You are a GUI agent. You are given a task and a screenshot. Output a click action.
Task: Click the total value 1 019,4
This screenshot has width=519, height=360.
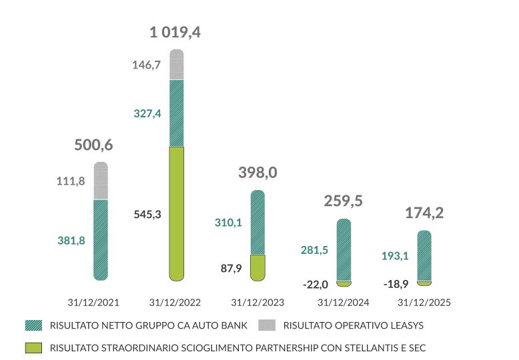click(175, 32)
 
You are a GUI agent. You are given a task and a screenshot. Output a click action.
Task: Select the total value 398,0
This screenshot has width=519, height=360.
click(257, 173)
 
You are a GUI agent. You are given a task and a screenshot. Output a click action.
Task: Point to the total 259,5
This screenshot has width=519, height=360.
click(343, 201)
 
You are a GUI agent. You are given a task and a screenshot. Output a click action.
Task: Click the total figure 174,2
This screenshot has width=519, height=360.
click(424, 213)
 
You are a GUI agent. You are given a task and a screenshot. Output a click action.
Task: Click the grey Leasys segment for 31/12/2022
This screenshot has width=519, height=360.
click(176, 65)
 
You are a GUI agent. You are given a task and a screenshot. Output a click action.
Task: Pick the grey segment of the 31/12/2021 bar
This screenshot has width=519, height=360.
click(100, 180)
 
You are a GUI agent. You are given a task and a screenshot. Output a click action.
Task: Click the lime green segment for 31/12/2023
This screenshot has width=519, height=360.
click(257, 267)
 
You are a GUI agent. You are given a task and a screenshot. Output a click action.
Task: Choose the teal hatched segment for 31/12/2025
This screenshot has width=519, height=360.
click(424, 255)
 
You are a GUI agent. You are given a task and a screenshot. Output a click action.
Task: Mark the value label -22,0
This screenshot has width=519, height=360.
click(316, 285)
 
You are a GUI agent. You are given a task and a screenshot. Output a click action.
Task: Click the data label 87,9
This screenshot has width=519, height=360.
click(231, 269)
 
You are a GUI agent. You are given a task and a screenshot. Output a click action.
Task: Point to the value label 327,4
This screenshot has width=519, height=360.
click(147, 114)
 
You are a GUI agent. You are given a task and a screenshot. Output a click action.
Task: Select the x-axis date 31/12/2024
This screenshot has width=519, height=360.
click(344, 303)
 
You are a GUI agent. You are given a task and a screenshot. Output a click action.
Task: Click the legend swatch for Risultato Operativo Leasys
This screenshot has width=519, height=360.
click(267, 326)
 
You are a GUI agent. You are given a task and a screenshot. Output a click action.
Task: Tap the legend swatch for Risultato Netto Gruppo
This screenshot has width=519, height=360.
click(33, 326)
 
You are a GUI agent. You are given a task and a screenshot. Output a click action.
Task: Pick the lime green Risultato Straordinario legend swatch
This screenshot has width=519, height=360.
click(33, 347)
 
